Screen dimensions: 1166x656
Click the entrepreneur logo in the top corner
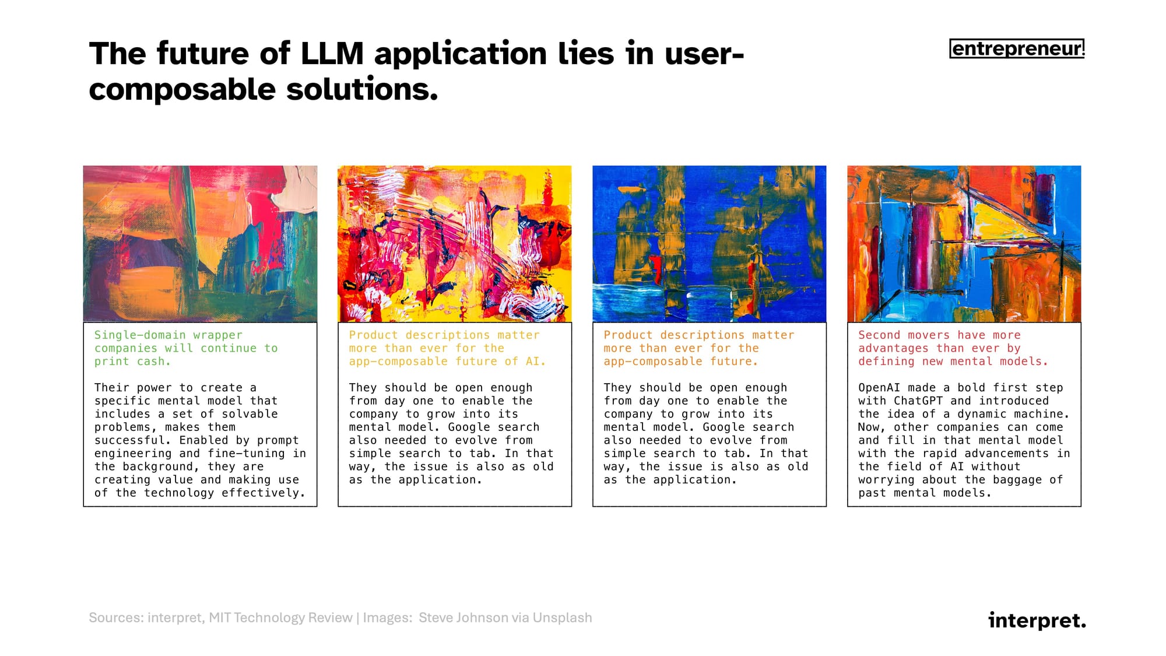click(1017, 48)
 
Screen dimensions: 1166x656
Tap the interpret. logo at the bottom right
click(1037, 620)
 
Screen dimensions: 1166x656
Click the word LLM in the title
click(332, 54)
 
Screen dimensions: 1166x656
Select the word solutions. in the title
click(362, 89)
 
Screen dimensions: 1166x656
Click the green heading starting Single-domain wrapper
click(186, 348)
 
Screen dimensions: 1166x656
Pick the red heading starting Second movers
click(953, 348)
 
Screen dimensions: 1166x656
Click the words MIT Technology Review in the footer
click(280, 618)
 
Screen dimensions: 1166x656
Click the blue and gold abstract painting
click(709, 244)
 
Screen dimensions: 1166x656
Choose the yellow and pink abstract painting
click(455, 244)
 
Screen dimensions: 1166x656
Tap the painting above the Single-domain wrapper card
click(200, 244)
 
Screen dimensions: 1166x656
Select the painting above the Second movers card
click(964, 244)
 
